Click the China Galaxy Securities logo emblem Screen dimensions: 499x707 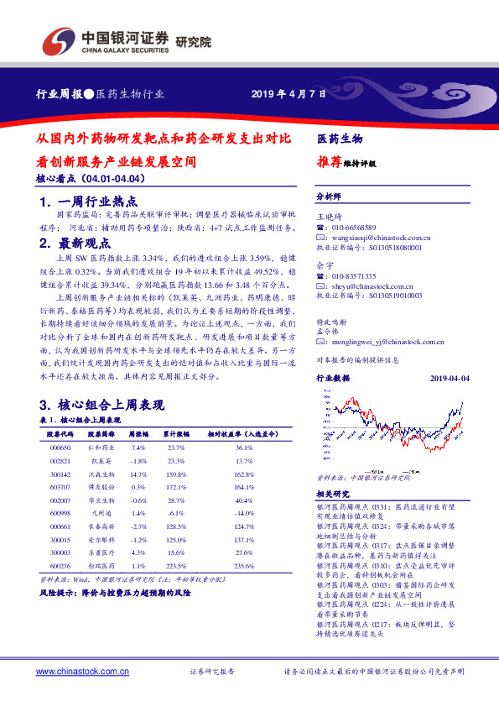point(60,41)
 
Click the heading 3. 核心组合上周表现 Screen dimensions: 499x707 point(96,405)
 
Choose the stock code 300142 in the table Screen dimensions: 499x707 point(60,474)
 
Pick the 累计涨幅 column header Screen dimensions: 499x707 point(176,435)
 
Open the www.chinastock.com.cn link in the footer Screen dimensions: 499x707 point(82,672)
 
